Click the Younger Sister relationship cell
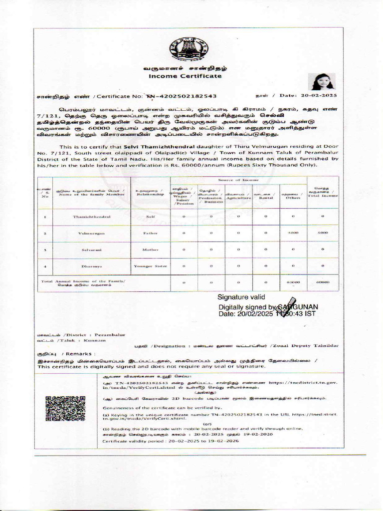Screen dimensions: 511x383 (150, 266)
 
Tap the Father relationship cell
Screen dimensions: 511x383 (150, 233)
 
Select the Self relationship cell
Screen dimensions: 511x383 (150, 217)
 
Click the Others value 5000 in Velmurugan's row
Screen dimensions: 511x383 (293, 233)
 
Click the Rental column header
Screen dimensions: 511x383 (265, 196)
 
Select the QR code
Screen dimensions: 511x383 (65, 408)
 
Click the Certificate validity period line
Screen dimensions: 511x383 (171, 442)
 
